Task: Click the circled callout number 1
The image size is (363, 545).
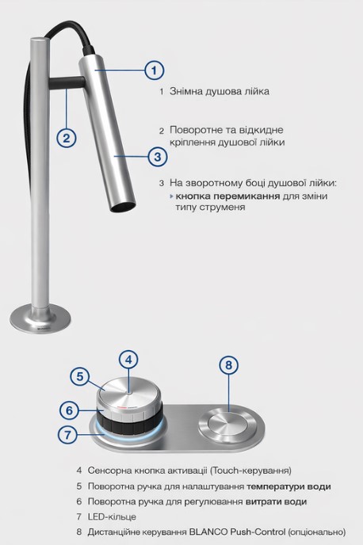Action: tap(154, 71)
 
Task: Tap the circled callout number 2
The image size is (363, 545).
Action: tap(66, 138)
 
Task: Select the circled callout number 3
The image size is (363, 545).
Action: tap(158, 157)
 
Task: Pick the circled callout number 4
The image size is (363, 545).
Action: tap(128, 360)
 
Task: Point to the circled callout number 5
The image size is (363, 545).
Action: tap(80, 376)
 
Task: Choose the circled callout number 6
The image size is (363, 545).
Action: tap(69, 410)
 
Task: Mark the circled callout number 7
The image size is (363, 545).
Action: tap(67, 434)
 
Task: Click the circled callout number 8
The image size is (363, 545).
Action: tap(228, 365)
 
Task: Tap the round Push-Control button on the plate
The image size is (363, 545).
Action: tap(227, 428)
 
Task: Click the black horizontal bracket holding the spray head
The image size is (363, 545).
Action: tap(67, 83)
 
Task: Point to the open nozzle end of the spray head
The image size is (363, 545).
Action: tap(123, 208)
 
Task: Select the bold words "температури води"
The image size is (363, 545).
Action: tap(288, 486)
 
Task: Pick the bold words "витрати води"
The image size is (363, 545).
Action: tap(276, 501)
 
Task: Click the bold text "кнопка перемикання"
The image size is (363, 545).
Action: tap(227, 196)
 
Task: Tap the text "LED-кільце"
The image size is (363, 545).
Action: tap(112, 516)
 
